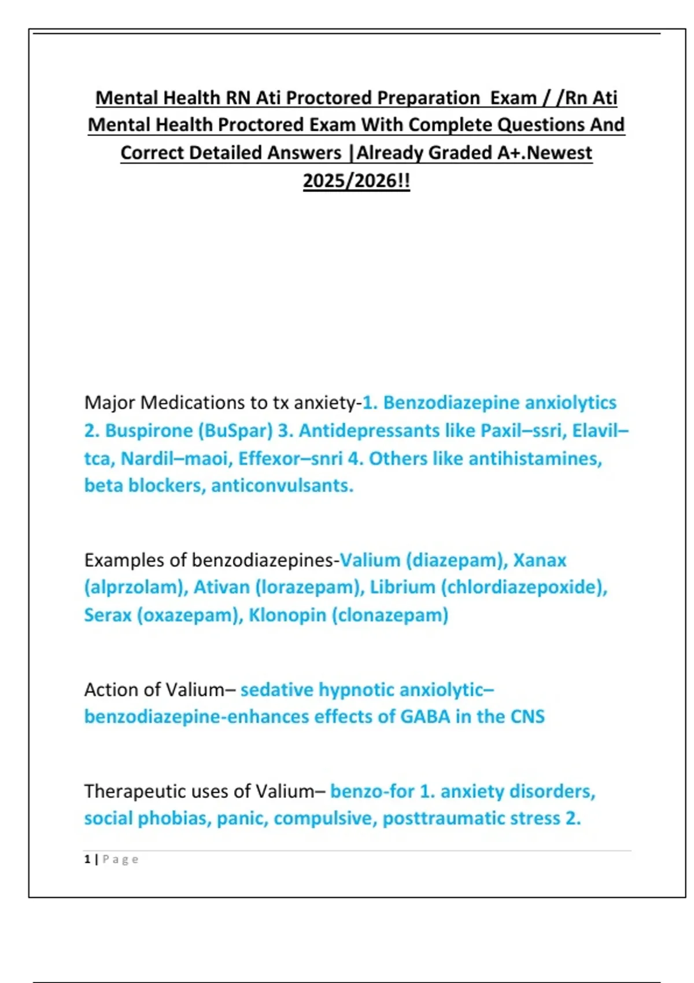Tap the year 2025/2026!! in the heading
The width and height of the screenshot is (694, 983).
tap(356, 180)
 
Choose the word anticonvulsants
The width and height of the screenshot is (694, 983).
tap(282, 486)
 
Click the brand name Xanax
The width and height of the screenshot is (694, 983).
tap(540, 560)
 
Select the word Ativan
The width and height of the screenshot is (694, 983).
tap(222, 587)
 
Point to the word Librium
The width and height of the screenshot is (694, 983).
tap(403, 587)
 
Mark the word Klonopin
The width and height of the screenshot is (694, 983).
tap(287, 615)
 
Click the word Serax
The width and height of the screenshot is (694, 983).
tap(108, 615)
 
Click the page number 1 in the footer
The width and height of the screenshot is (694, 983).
tap(87, 859)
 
